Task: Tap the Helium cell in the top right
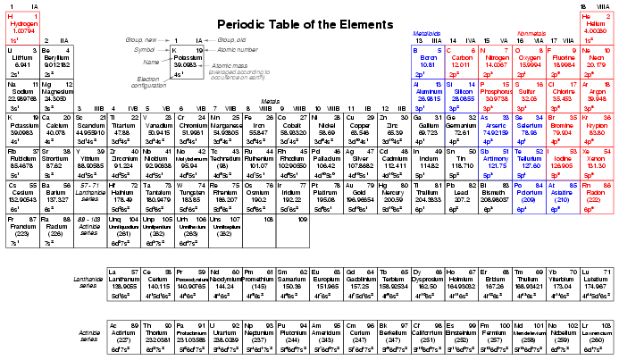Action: point(596,24)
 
